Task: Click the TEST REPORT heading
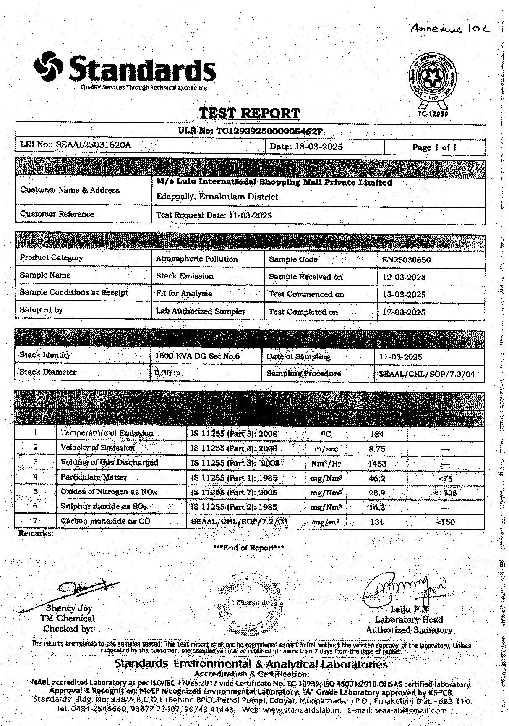point(249,113)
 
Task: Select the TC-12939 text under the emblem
point(433,114)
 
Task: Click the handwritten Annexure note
point(450,29)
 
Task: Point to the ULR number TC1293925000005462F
point(251,131)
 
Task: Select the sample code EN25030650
point(406,260)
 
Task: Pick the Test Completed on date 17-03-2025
point(404,312)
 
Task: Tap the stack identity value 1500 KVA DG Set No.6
point(197,356)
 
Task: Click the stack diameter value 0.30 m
point(168,372)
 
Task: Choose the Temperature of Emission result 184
point(377,434)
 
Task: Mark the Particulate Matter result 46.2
point(377,478)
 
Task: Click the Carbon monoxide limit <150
point(445,522)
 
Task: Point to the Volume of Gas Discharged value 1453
point(377,464)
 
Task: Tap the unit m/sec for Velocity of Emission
point(326,449)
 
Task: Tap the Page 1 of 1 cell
point(434,147)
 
